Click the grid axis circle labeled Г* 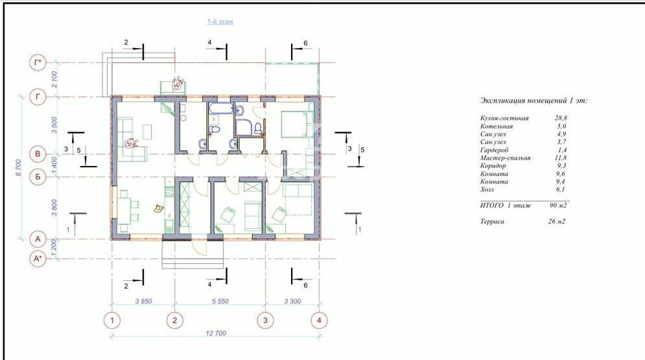click(x=38, y=63)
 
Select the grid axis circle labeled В click(x=38, y=154)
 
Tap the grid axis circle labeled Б click(x=38, y=177)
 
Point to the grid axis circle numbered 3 click(x=265, y=320)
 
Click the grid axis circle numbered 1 click(x=112, y=320)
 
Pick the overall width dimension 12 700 click(x=216, y=333)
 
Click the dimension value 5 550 click(x=220, y=301)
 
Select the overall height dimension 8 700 click(x=18, y=168)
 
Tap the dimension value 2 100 click(x=54, y=79)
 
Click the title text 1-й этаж click(x=220, y=21)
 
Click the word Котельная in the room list click(x=497, y=126)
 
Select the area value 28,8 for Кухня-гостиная click(x=561, y=118)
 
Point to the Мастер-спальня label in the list click(x=505, y=158)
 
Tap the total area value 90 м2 click(x=557, y=206)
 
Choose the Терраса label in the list click(x=492, y=221)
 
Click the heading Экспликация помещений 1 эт click(x=534, y=101)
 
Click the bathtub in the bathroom click(x=221, y=108)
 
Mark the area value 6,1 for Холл click(x=560, y=189)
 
